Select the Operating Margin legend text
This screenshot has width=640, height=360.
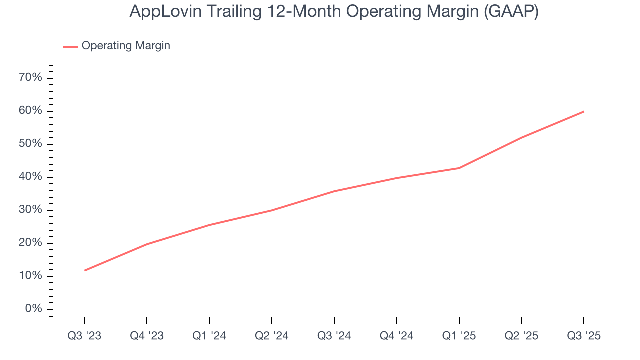(x=126, y=46)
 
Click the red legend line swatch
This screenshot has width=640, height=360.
(x=70, y=46)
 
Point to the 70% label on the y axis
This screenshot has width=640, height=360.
(x=30, y=78)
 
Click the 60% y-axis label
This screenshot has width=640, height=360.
(x=30, y=111)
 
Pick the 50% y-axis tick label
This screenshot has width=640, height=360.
(x=30, y=144)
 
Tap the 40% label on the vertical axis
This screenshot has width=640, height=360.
(x=30, y=177)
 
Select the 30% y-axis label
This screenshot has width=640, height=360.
(x=30, y=210)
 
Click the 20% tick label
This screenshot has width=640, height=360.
(x=30, y=243)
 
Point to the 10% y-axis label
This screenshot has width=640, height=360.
(x=30, y=276)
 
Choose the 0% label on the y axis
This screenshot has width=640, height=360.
(x=33, y=309)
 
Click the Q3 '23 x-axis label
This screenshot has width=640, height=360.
(x=84, y=336)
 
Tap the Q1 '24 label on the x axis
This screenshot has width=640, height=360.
(x=209, y=336)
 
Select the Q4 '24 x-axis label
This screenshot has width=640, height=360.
(x=397, y=336)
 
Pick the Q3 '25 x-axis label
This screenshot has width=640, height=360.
(x=584, y=336)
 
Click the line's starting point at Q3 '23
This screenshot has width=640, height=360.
(x=85, y=270)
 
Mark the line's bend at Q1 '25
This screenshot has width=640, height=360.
(x=459, y=168)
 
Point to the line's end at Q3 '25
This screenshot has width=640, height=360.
(x=584, y=111)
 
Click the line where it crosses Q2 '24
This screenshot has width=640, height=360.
(x=272, y=210)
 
